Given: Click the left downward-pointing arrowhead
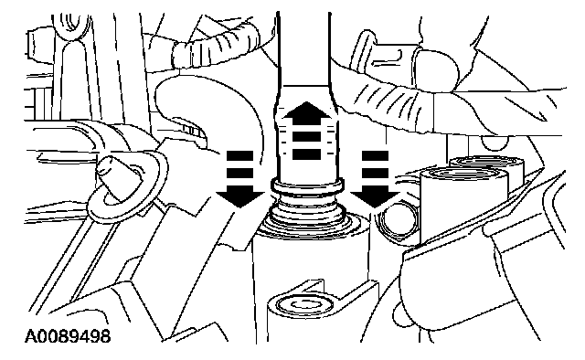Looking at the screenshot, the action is pos(239,196).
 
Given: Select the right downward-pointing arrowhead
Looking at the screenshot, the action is pos(375,196).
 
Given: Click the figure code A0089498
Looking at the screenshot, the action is pos(68,336).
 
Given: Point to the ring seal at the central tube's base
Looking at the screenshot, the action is pos(307,185).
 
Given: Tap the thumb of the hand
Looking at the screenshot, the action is pos(435,69).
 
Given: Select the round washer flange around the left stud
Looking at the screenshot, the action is pos(125,186).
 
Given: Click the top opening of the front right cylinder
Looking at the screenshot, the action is pos(464,175).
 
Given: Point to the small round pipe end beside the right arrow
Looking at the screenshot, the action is pos(396,221).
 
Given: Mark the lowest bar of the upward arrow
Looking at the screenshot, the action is pos(306,154).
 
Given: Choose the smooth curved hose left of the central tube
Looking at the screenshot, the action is pos(209,108).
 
